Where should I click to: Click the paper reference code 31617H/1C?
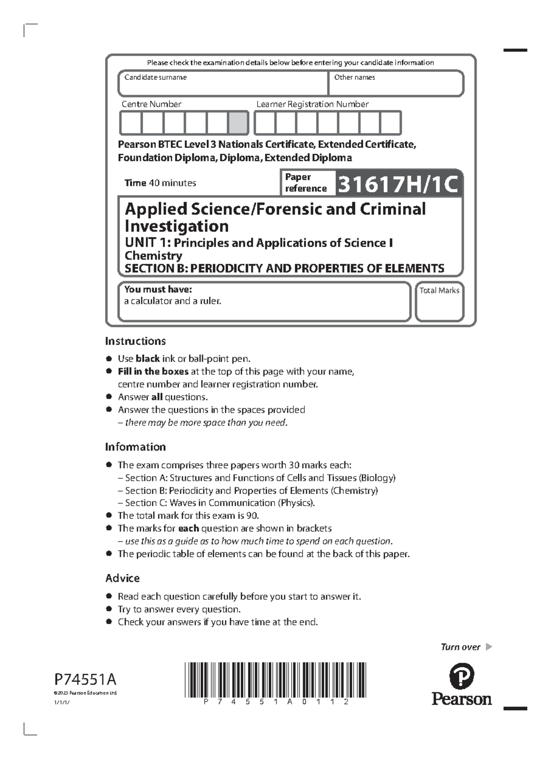click(x=398, y=185)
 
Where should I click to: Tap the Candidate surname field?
click(x=223, y=84)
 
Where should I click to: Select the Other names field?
click(x=396, y=84)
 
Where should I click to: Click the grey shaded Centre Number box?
click(x=238, y=123)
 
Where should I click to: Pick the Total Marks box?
click(x=439, y=302)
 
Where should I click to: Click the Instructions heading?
click(x=135, y=341)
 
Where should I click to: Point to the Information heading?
click(x=135, y=447)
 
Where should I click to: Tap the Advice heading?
click(x=123, y=578)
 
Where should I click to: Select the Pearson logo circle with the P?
click(x=461, y=676)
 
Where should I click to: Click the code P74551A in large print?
click(x=86, y=679)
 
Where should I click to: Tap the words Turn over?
click(x=461, y=647)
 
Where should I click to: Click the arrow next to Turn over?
click(x=489, y=647)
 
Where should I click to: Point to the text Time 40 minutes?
click(x=160, y=183)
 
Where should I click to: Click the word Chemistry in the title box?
click(x=153, y=255)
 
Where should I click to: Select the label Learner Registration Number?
click(x=312, y=104)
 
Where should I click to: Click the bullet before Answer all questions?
click(x=109, y=397)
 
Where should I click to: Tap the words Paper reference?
click(x=305, y=183)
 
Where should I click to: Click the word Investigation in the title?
click(x=177, y=226)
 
